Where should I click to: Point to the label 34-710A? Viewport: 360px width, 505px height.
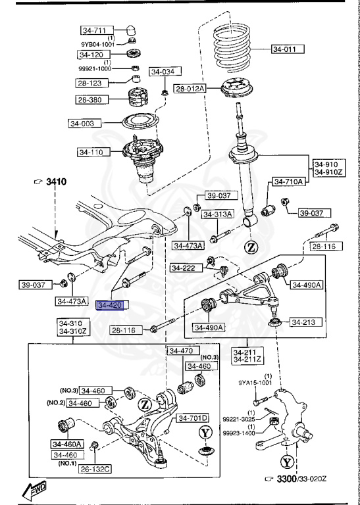click(x=286, y=181)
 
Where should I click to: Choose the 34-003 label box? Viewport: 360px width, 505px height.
click(x=84, y=123)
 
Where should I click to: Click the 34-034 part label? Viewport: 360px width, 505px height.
click(x=165, y=72)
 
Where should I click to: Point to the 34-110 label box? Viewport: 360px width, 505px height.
click(x=93, y=152)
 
